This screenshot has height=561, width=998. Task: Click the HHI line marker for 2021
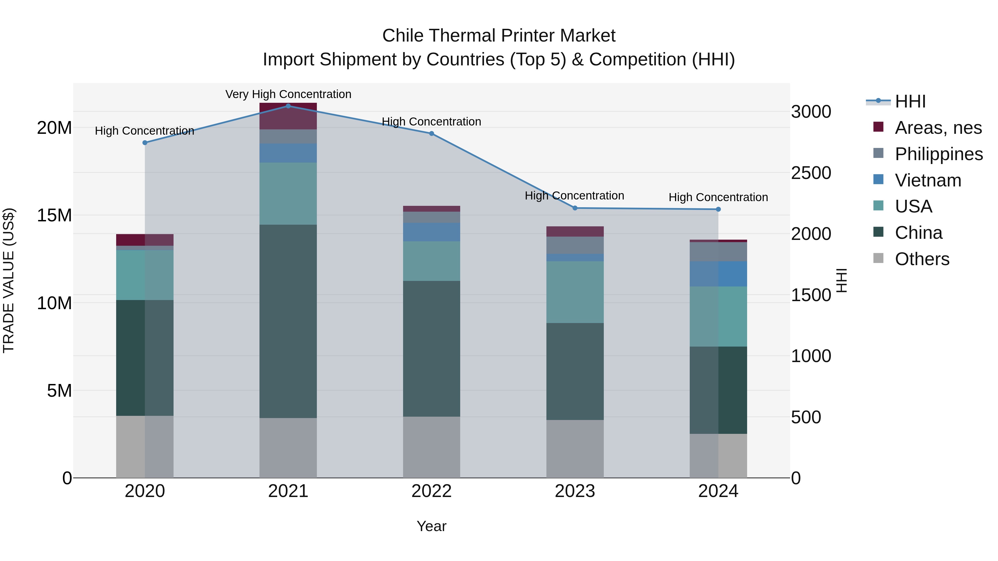point(288,106)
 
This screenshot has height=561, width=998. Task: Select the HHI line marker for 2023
point(575,208)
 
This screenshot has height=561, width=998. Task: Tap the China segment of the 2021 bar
point(288,321)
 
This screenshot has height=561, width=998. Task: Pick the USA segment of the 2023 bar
point(575,292)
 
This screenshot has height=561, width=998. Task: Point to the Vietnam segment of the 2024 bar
point(718,274)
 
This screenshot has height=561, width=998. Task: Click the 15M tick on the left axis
point(54,215)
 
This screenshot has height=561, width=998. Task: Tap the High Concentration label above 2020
point(144,131)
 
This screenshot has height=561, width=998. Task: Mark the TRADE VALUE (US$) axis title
point(9,280)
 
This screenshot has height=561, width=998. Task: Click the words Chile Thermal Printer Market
point(499,36)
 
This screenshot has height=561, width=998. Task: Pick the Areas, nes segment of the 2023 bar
point(575,231)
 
